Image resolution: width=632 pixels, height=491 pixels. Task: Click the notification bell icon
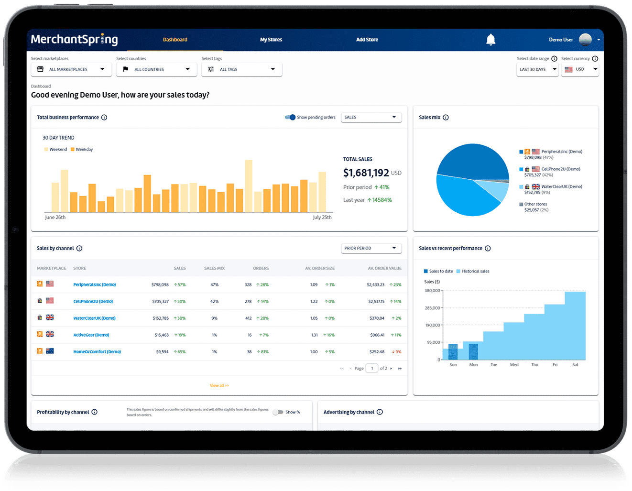click(x=490, y=40)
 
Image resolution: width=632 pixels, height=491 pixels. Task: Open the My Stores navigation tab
click(x=271, y=40)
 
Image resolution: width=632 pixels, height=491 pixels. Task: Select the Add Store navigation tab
click(x=367, y=40)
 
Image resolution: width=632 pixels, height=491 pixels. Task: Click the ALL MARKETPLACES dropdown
click(x=71, y=69)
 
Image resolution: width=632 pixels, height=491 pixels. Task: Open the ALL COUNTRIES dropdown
click(x=156, y=69)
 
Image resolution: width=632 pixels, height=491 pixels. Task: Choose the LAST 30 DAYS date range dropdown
click(x=537, y=69)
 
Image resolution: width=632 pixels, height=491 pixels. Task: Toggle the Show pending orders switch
click(x=290, y=117)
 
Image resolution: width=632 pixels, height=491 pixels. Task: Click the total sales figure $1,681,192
click(x=366, y=173)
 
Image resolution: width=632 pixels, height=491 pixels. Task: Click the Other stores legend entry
click(x=535, y=204)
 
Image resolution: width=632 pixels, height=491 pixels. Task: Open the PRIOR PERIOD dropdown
click(x=371, y=248)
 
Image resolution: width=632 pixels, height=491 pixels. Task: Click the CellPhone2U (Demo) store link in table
click(x=93, y=302)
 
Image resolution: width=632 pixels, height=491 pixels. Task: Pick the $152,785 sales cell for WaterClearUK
click(x=161, y=318)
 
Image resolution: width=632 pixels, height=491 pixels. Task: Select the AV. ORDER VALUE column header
click(x=384, y=268)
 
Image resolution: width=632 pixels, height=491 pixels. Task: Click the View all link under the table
click(x=219, y=385)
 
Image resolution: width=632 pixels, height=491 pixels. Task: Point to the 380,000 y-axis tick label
click(x=432, y=291)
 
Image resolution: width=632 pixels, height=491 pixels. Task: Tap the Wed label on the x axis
click(x=514, y=365)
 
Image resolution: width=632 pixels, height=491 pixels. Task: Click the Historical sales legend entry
click(x=475, y=271)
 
